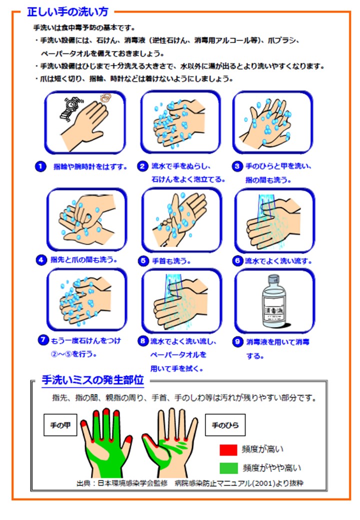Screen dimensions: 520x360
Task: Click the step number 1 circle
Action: [40, 166]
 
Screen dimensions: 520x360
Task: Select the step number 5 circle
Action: [142, 260]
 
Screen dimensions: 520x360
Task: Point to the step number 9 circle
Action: [237, 342]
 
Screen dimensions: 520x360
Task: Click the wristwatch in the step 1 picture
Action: [72, 104]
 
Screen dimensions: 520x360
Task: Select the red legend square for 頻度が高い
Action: [228, 449]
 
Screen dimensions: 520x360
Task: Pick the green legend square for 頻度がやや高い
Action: [228, 468]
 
